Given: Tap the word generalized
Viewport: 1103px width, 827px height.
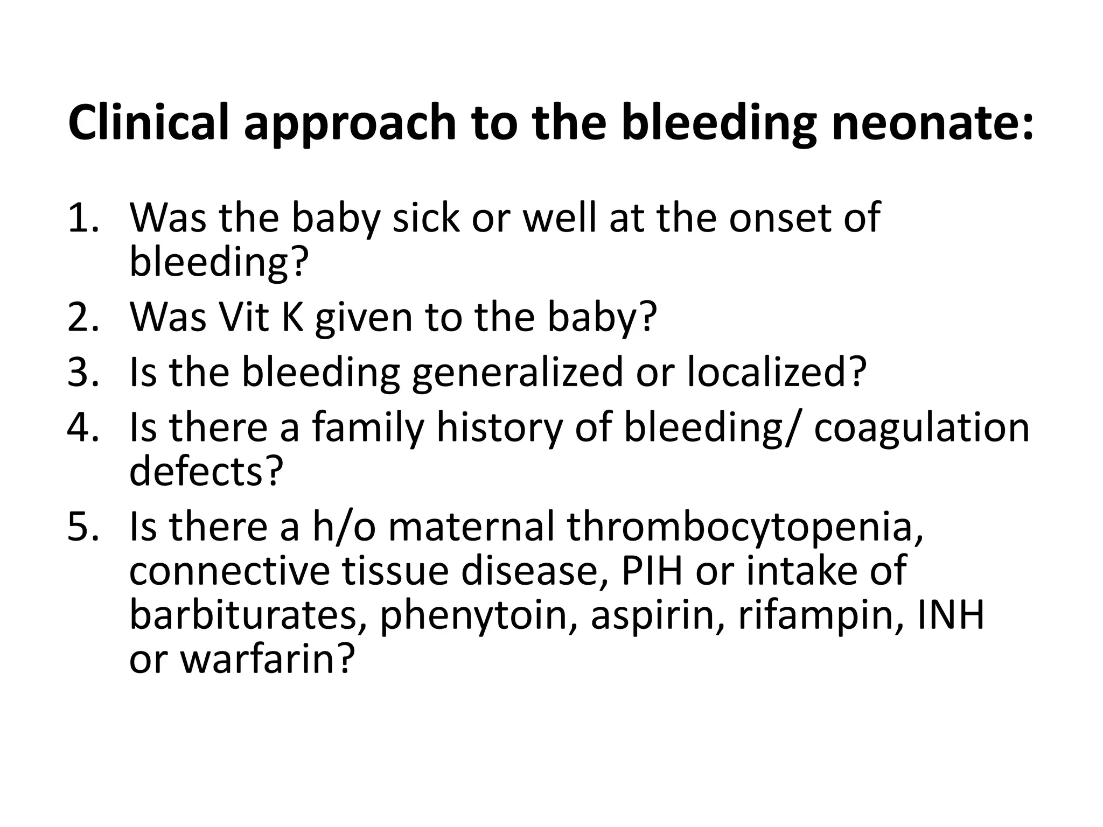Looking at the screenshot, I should point(517,373).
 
